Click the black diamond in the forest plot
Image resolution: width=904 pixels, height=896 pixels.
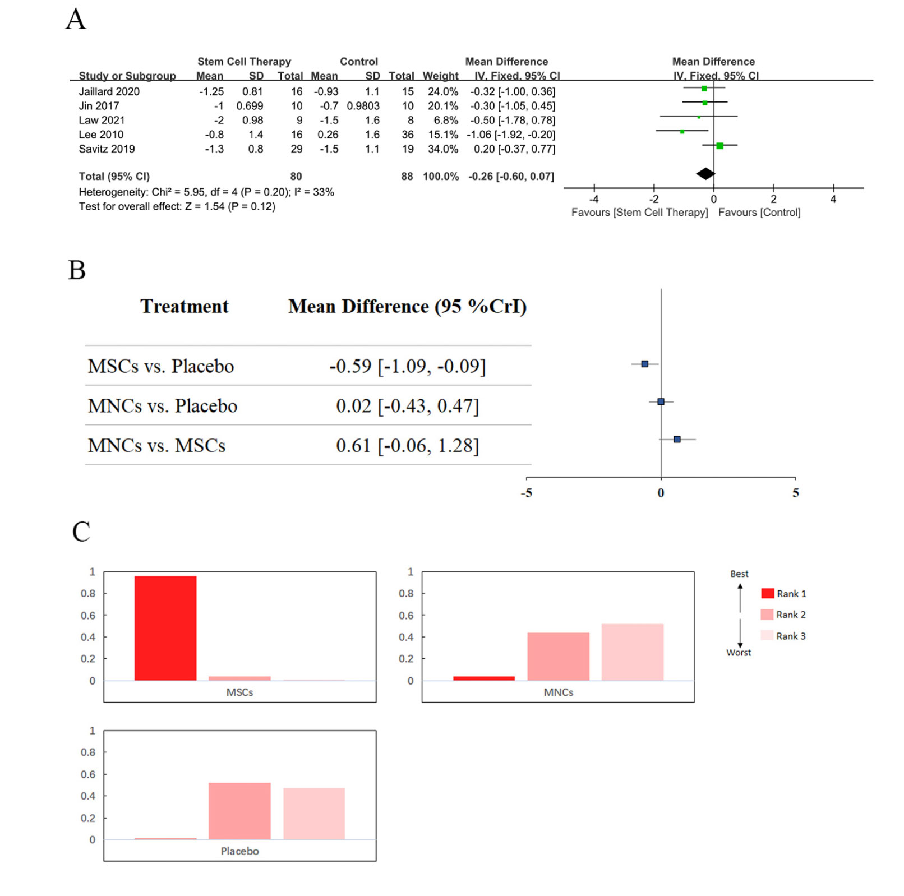click(705, 174)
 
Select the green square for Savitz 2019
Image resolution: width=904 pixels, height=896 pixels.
click(719, 146)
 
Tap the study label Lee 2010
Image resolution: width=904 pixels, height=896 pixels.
click(101, 135)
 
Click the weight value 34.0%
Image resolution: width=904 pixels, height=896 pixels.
click(443, 149)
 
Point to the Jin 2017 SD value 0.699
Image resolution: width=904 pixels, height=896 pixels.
click(250, 106)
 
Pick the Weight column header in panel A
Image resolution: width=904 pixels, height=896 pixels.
click(440, 76)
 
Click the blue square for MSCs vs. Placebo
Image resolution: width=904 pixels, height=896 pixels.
click(645, 364)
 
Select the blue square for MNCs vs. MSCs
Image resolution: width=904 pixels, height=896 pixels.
click(677, 439)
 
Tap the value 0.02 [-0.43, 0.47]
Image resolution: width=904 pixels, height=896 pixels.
click(407, 405)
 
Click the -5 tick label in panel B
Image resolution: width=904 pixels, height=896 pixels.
click(527, 493)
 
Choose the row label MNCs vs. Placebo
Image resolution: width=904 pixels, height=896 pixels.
click(163, 405)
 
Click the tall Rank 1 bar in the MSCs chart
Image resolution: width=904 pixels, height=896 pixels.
click(165, 628)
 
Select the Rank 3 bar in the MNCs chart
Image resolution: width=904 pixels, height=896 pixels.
click(632, 652)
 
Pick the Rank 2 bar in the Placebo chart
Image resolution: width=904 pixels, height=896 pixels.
click(239, 811)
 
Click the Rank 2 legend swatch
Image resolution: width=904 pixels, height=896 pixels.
click(767, 615)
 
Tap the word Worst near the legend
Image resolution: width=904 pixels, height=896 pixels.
click(739, 652)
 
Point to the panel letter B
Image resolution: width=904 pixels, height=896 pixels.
click(77, 270)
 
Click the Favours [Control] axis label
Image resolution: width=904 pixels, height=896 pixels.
click(759, 213)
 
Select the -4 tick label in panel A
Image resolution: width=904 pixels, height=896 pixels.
click(594, 199)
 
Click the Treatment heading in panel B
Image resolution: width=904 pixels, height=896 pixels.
click(185, 306)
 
